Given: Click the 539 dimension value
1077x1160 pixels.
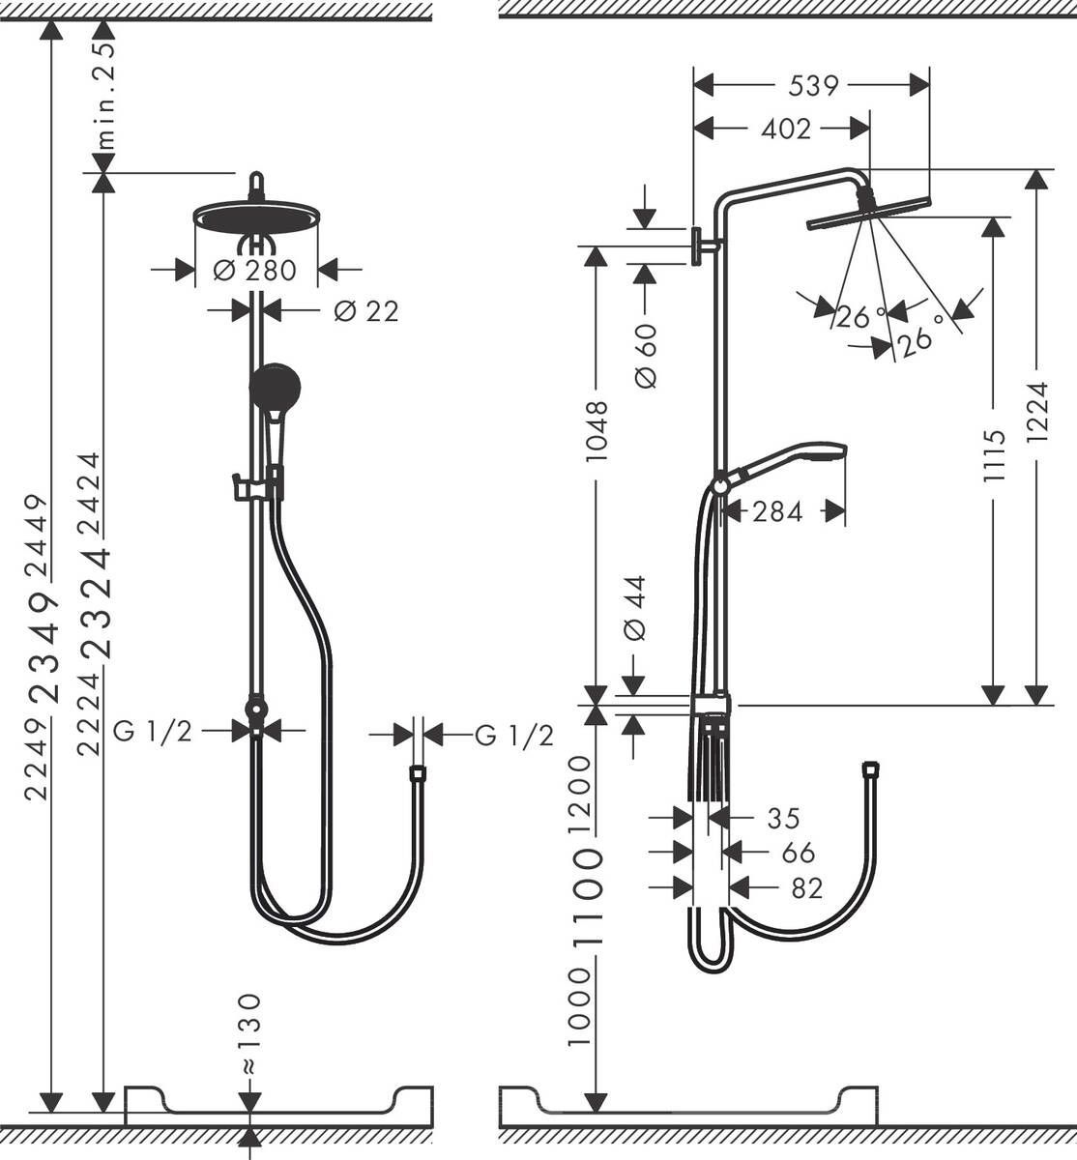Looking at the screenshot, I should click(x=812, y=86).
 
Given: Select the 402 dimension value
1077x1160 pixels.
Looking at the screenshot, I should click(x=785, y=128).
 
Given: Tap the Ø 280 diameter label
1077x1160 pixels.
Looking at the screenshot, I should click(x=255, y=270).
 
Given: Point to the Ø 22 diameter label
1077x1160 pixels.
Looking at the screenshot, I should click(x=365, y=310).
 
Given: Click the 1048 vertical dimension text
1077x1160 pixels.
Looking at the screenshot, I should click(x=597, y=430).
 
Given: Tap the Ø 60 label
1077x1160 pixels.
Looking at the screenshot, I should click(x=646, y=355).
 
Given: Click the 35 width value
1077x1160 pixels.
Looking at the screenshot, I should click(x=783, y=818).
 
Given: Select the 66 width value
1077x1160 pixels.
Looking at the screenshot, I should click(x=798, y=853).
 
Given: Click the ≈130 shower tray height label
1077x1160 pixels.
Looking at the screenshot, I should click(x=249, y=1033).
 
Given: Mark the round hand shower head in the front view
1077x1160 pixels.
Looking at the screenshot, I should click(x=276, y=387).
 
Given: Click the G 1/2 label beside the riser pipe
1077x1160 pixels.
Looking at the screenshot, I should click(x=153, y=732).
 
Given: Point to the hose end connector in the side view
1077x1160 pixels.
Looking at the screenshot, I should click(x=871, y=769).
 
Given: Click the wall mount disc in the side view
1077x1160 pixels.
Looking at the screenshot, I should click(x=696, y=245).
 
